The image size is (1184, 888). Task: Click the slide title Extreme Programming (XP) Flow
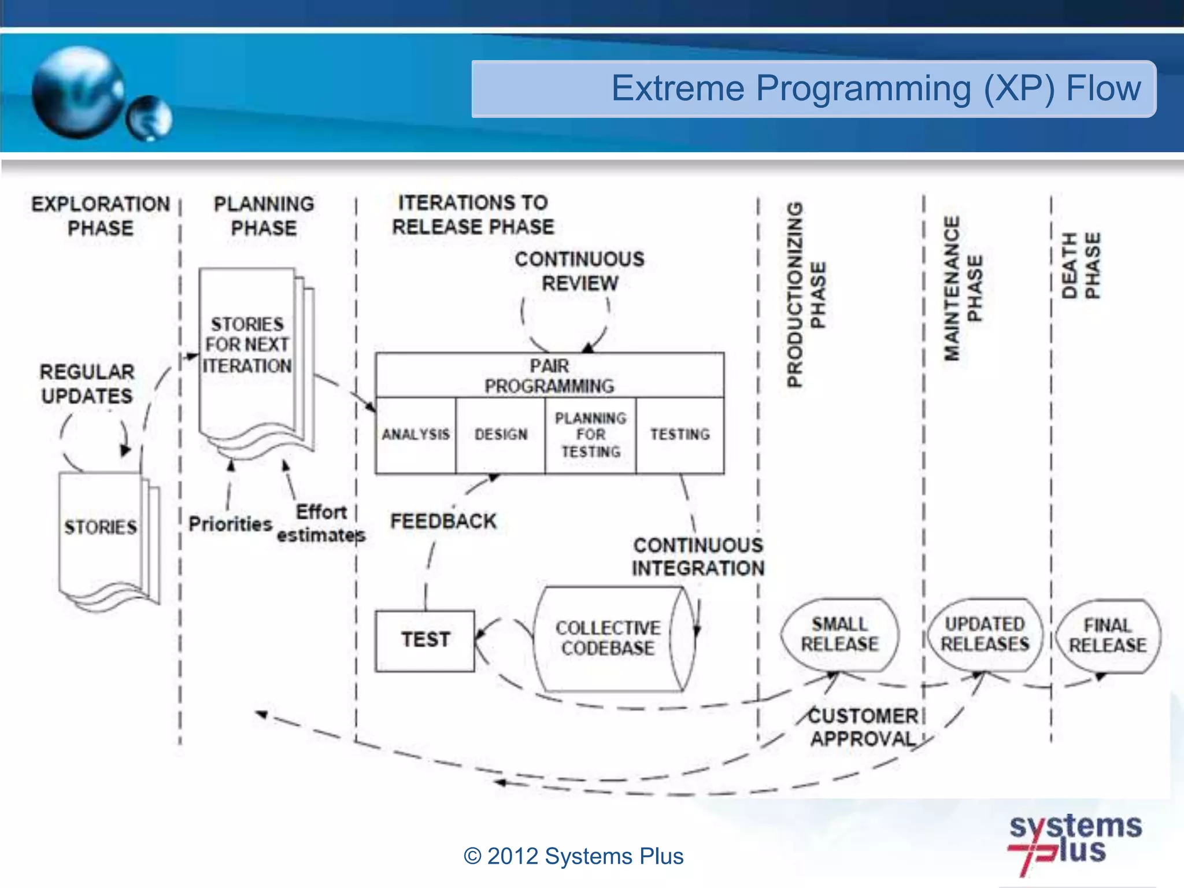pos(875,88)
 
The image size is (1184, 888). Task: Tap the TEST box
pos(425,641)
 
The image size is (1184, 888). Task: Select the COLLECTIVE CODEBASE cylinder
pos(608,639)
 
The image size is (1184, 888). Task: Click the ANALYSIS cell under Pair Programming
pos(415,435)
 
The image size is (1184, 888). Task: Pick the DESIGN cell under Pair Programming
pos(501,435)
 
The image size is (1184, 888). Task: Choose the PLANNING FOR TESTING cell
pos(590,435)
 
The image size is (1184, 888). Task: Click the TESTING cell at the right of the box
pos(680,435)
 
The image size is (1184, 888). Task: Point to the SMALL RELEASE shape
pos(839,635)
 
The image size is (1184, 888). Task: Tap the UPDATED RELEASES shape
pos(985,635)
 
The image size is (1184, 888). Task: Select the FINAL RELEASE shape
pos(1107,636)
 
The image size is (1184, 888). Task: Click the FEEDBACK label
pos(443,521)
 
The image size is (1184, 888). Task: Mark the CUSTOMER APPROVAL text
pos(863,727)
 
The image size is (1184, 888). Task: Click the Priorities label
pos(230,524)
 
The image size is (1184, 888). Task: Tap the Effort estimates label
pos(321,524)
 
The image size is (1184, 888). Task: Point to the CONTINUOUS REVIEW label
pos(579,271)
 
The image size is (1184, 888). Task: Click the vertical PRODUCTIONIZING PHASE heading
pos(806,295)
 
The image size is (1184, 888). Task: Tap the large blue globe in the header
pos(78,92)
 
